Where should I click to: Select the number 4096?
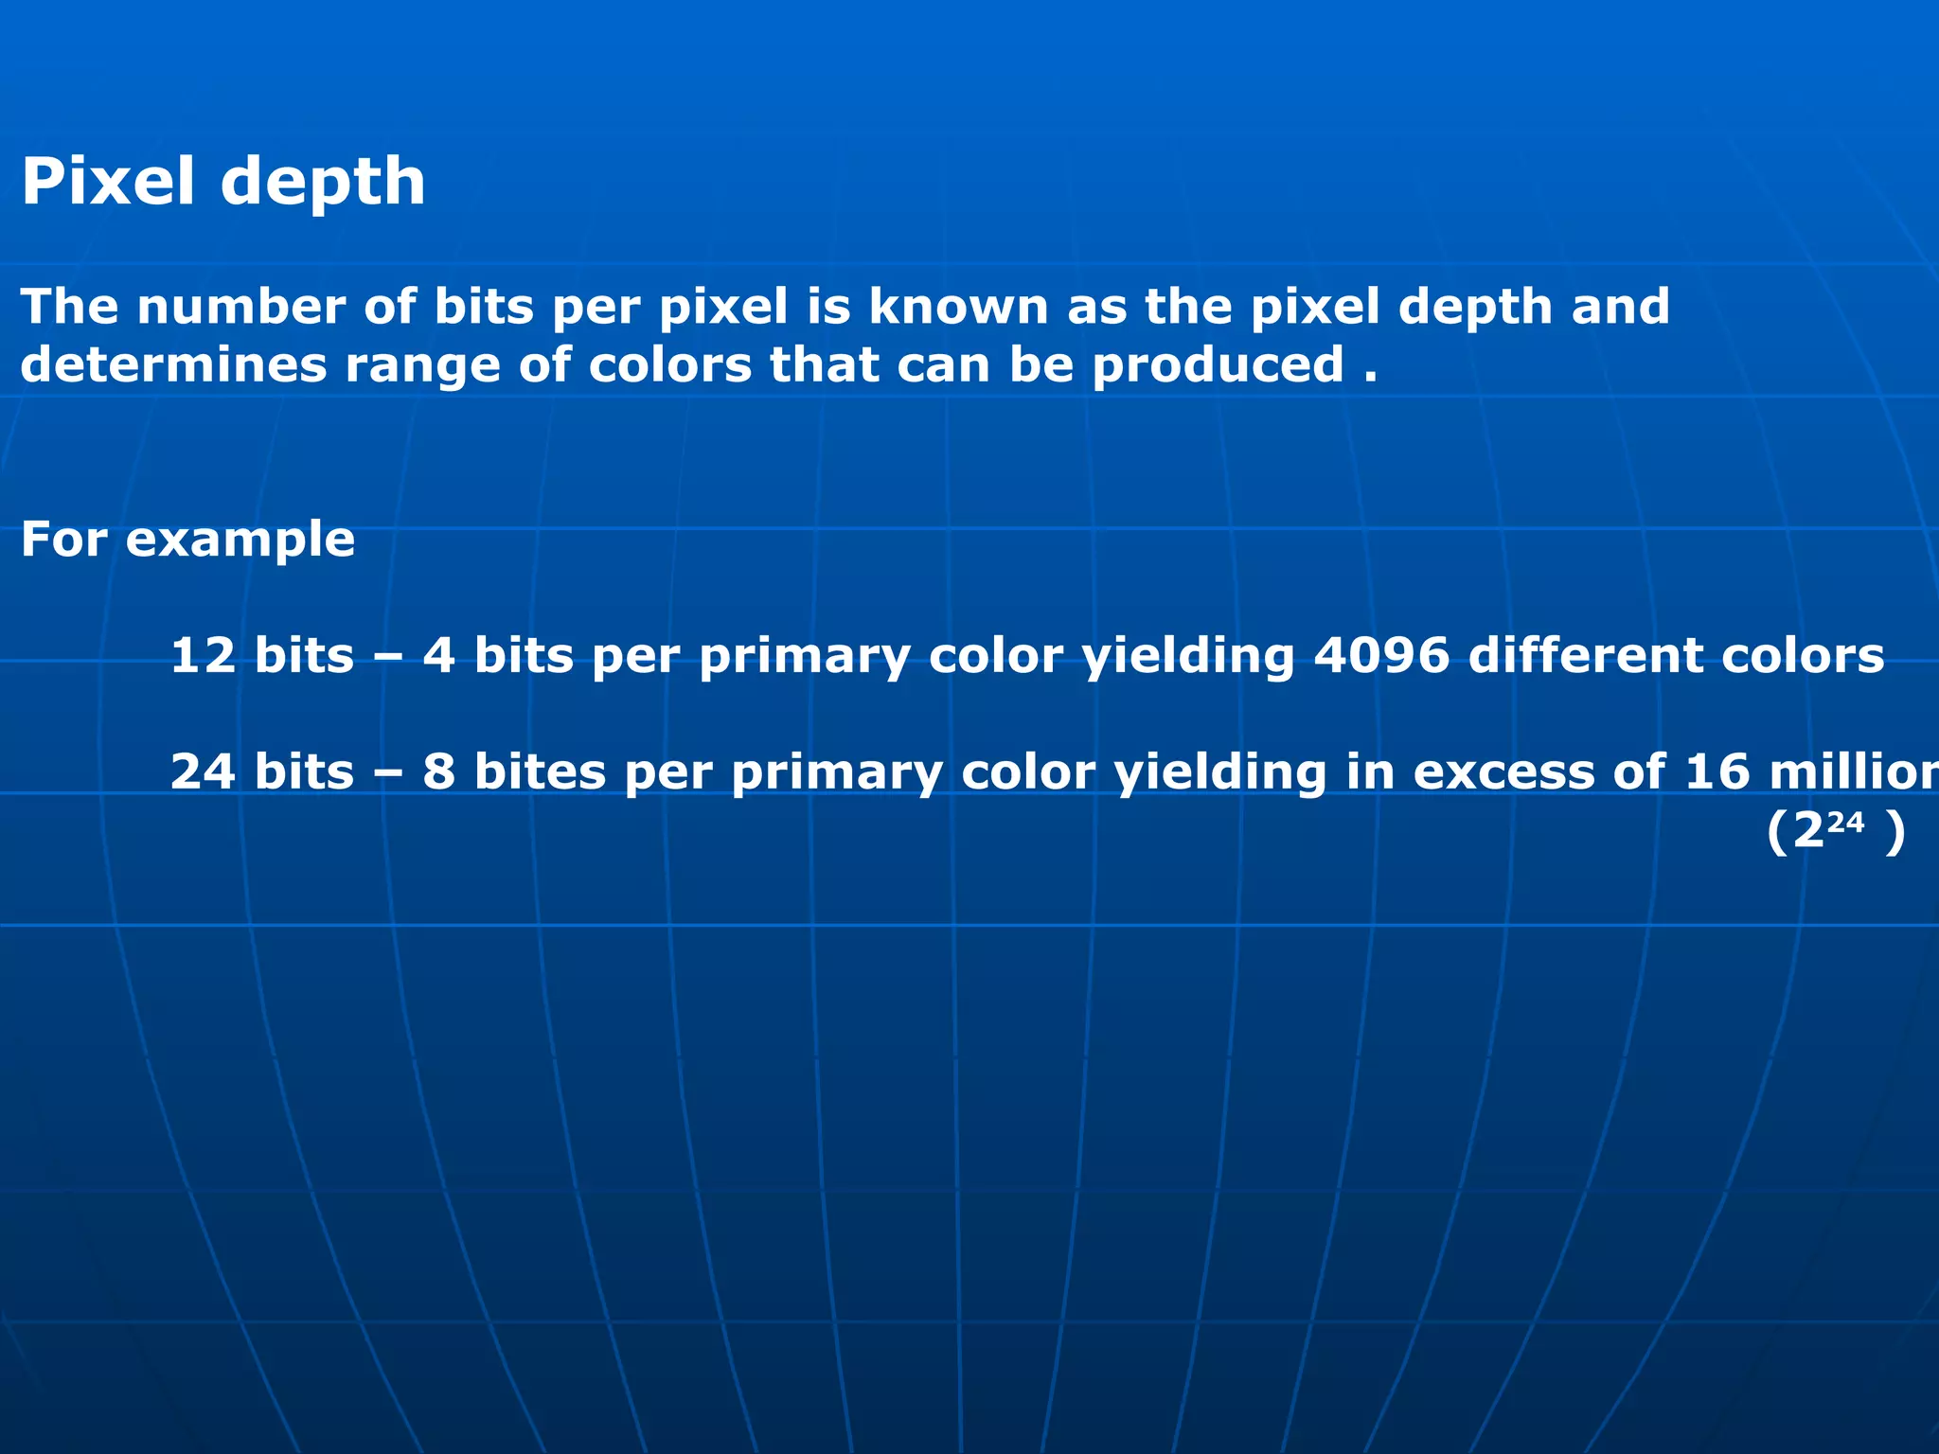(x=1381, y=655)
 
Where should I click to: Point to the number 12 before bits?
(x=203, y=655)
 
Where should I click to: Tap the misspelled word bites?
(x=540, y=771)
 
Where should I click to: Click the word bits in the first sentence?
(x=484, y=307)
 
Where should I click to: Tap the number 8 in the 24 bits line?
(x=438, y=771)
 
